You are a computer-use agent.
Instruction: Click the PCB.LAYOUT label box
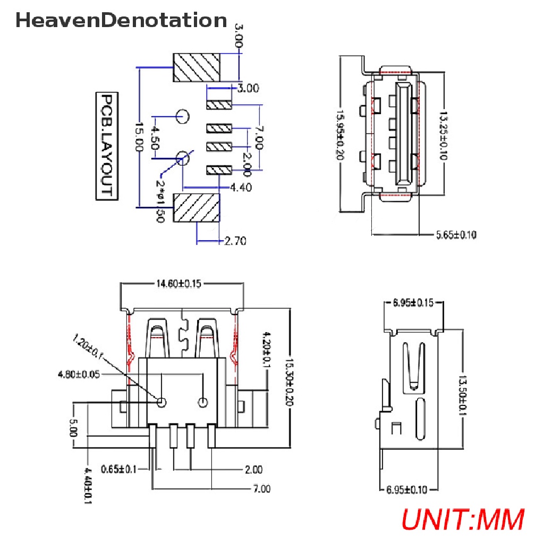[x=107, y=146]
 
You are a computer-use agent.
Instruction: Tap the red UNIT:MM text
[x=462, y=519]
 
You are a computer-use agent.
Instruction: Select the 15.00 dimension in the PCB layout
[x=139, y=137]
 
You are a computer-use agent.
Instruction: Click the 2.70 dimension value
[x=235, y=241]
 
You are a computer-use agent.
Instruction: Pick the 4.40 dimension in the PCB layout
[x=241, y=187]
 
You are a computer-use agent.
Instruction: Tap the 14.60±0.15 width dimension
[x=178, y=284]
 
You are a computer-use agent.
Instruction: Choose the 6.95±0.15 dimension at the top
[x=413, y=303]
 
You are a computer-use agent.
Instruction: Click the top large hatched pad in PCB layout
[x=197, y=67]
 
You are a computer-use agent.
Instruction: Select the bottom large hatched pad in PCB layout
[x=197, y=208]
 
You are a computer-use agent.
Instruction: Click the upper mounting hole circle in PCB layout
[x=183, y=115]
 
